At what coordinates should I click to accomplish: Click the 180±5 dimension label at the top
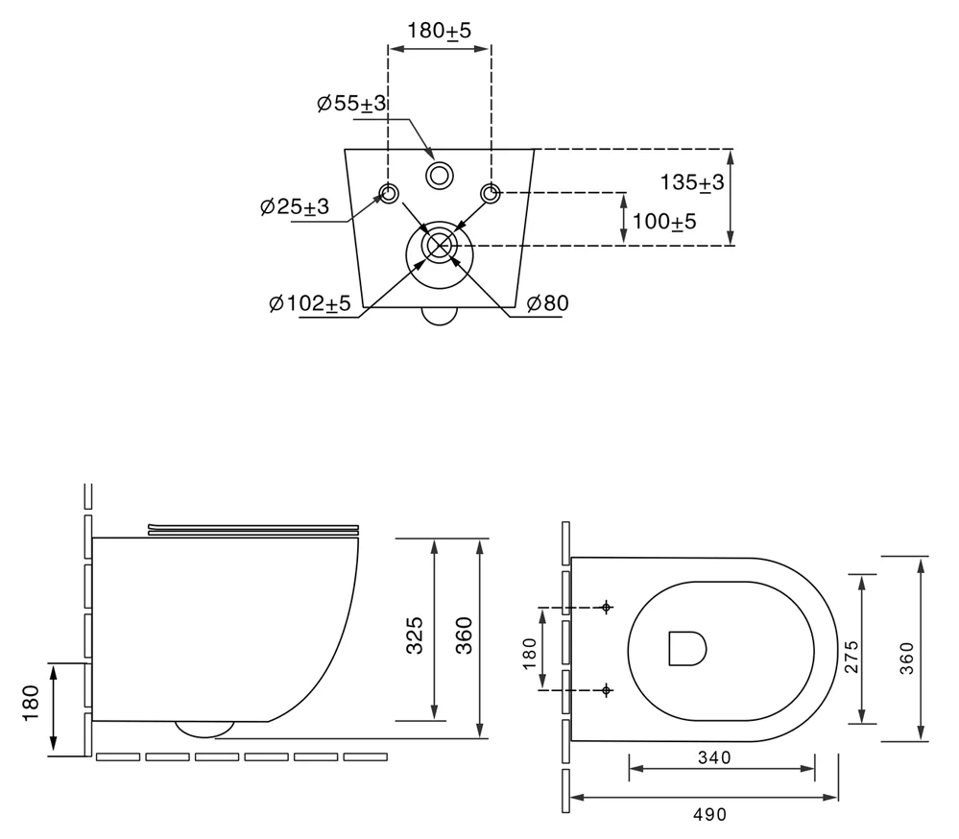439,31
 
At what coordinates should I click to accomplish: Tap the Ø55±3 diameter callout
351,104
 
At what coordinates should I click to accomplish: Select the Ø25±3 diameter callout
294,206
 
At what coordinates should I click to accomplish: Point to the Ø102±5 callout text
310,302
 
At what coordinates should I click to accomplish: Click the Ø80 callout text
547,302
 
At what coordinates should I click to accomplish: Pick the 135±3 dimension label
692,182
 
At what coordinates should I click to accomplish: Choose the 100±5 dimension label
664,222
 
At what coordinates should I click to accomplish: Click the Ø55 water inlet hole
439,176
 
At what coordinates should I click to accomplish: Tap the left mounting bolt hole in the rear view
389,193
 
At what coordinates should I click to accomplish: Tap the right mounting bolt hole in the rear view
490,193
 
